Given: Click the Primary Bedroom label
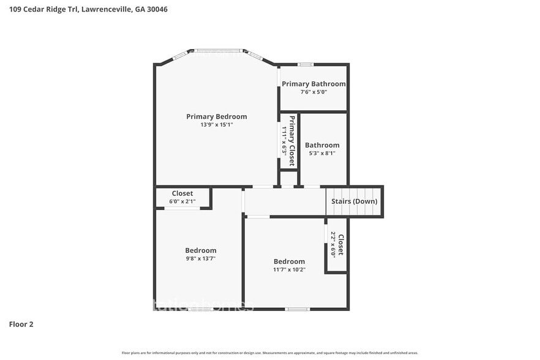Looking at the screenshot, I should [x=216, y=116].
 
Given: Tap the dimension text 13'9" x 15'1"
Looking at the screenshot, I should [x=216, y=125].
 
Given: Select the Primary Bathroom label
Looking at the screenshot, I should [x=313, y=84].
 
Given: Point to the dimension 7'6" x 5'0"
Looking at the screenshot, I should [x=313, y=92].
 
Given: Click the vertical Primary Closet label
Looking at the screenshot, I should [x=292, y=141].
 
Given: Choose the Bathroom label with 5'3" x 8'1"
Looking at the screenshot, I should [x=322, y=145].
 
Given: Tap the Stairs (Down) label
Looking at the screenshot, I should [x=354, y=201].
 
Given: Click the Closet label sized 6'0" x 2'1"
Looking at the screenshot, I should [x=182, y=193].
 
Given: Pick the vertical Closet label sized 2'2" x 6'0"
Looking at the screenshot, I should [x=341, y=245].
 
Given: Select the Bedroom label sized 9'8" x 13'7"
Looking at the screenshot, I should [x=200, y=250].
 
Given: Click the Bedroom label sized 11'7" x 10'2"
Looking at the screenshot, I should [x=289, y=261].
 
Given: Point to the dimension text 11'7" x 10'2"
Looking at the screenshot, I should [x=289, y=269].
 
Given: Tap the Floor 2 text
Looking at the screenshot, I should [x=21, y=324].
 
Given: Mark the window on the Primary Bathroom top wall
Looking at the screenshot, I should [x=306, y=64].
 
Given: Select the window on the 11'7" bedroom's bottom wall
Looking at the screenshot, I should [x=297, y=309].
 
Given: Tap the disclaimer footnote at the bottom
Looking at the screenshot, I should [x=269, y=353].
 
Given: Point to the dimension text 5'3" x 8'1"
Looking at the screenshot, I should [x=322, y=153].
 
